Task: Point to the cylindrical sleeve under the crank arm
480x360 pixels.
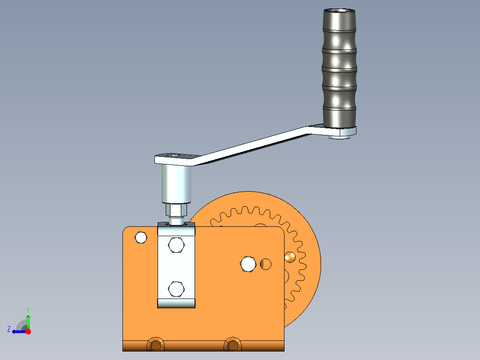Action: click(176, 183)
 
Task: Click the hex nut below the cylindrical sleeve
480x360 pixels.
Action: click(177, 209)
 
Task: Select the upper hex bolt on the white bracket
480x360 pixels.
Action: click(176, 245)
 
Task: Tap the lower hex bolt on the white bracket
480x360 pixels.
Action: click(176, 289)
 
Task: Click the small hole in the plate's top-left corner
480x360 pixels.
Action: click(141, 237)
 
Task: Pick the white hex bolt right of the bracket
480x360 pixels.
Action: click(248, 264)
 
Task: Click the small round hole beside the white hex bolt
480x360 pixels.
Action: click(266, 264)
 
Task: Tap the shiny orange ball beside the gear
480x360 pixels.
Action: click(290, 257)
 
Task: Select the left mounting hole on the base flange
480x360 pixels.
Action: click(155, 344)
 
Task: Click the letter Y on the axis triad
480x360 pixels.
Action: click(28, 309)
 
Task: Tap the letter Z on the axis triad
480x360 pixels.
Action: click(9, 329)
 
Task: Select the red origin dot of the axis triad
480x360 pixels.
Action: click(28, 331)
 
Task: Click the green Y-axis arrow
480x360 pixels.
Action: click(28, 321)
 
